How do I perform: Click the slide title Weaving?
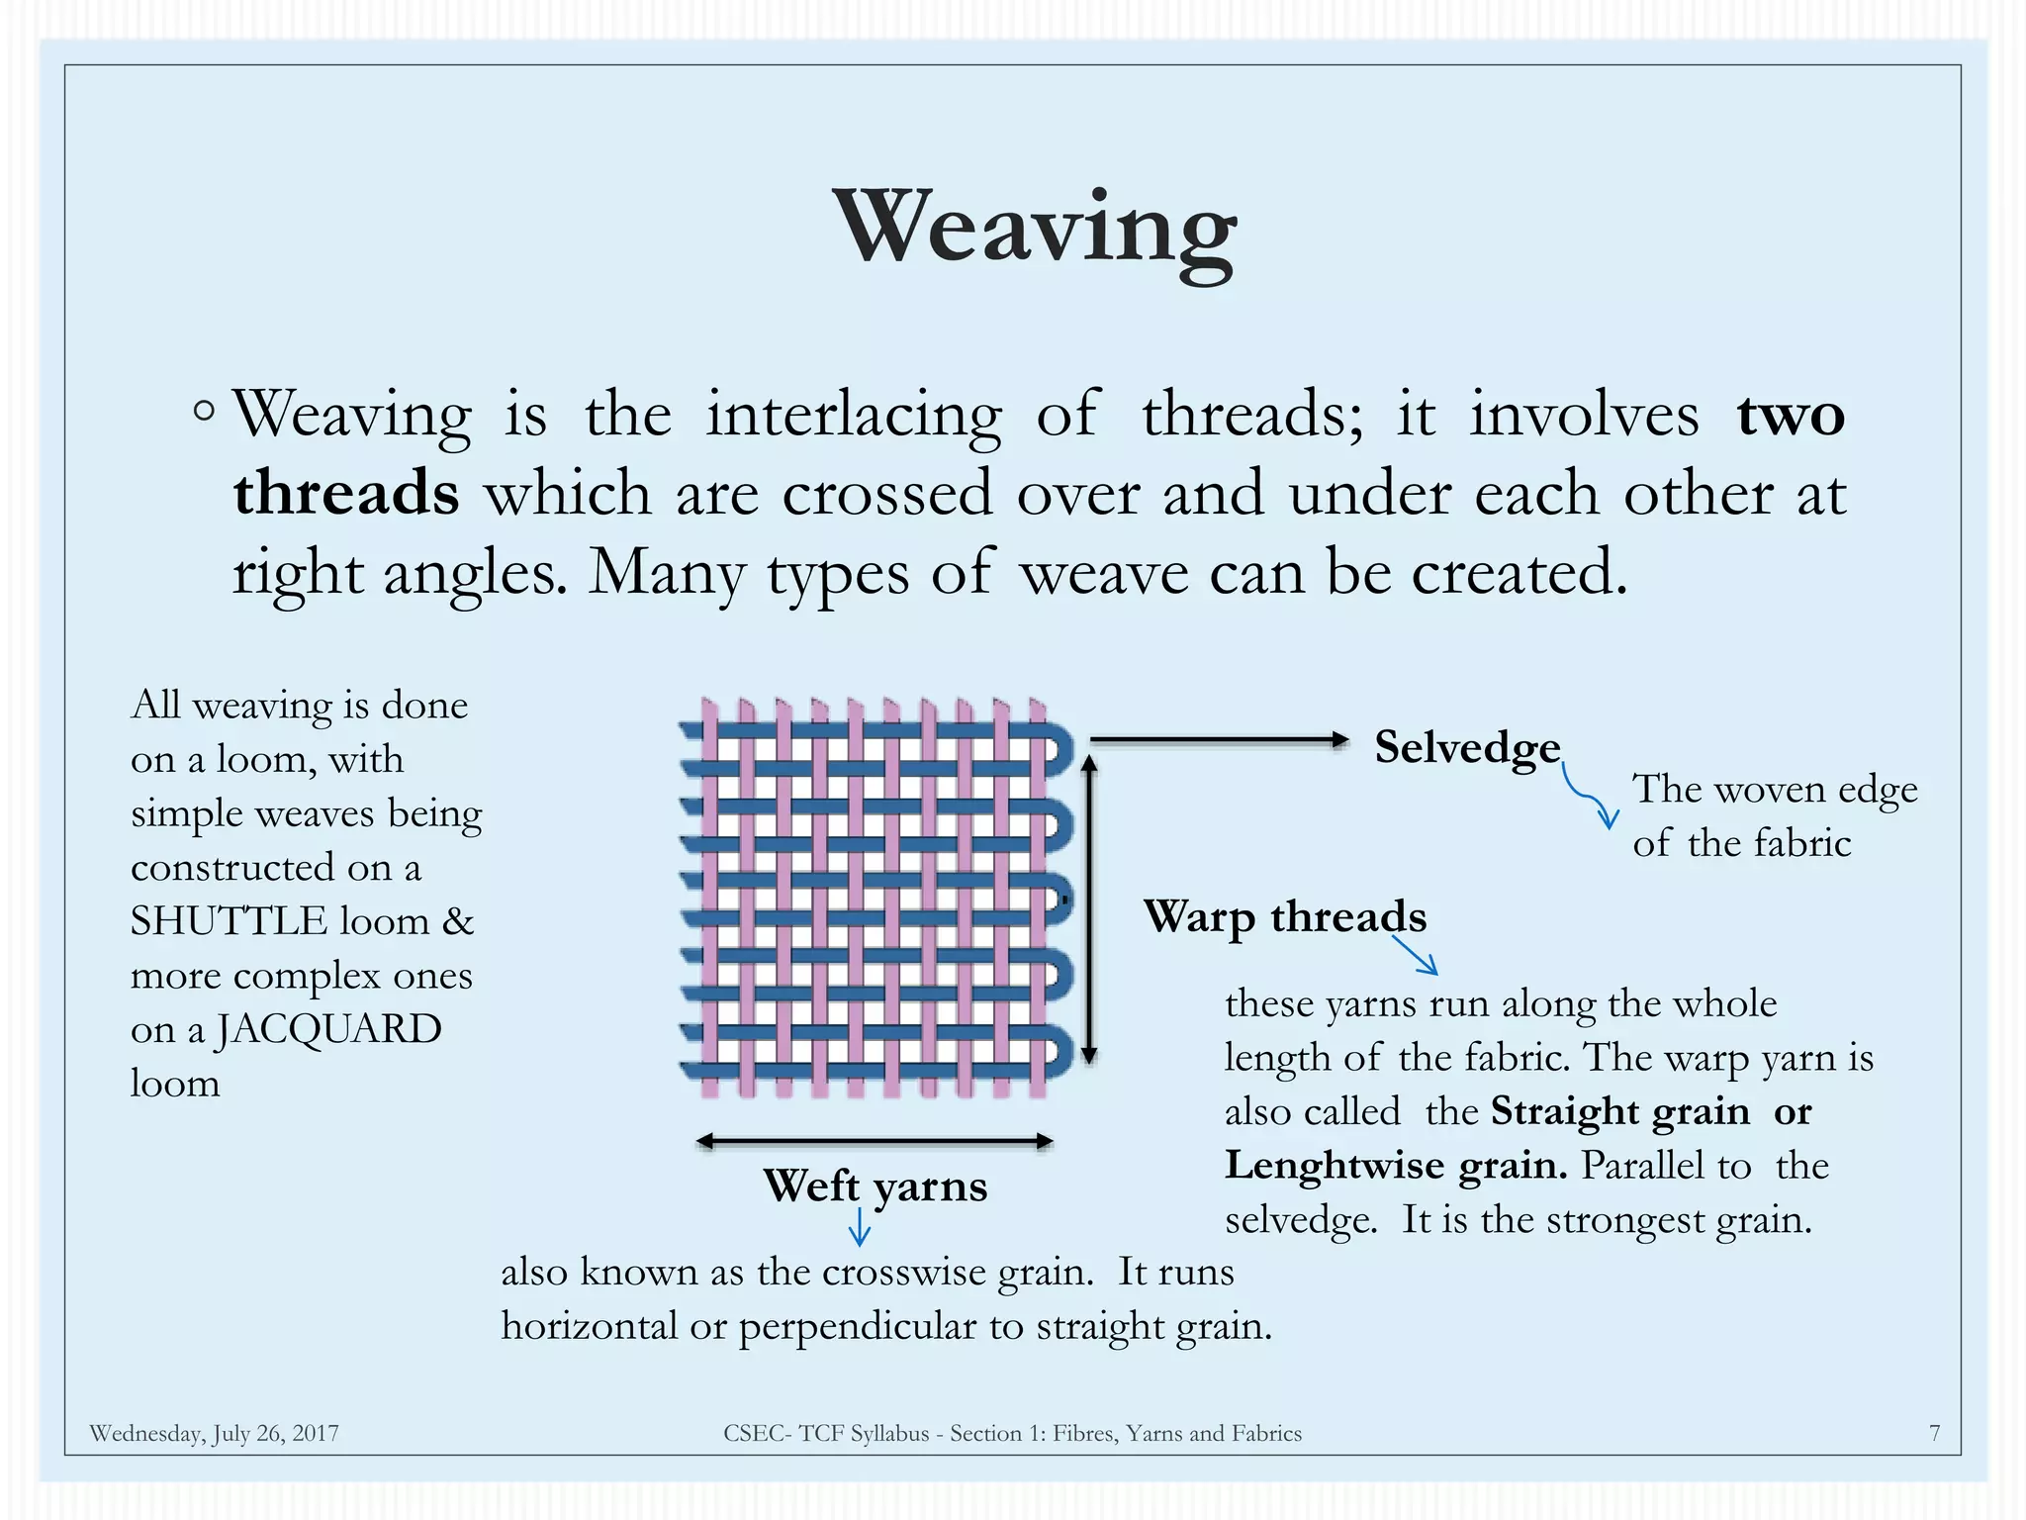1035,230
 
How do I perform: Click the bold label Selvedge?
1467,747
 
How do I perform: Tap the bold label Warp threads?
1285,916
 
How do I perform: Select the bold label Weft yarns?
875,1186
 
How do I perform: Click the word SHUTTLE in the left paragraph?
229,921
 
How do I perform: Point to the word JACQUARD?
328,1029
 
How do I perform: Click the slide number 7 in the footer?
1934,1433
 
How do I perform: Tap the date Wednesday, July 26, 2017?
214,1433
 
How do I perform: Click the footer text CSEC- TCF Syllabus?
826,1433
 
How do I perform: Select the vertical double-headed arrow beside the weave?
1089,909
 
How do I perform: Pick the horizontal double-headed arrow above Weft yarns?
875,1141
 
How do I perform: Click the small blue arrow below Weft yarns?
860,1231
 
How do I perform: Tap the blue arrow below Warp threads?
1416,956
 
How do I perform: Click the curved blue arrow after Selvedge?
1589,798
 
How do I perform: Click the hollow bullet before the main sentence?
204,411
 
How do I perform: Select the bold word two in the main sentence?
1791,415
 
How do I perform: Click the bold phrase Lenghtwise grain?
1395,1166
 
